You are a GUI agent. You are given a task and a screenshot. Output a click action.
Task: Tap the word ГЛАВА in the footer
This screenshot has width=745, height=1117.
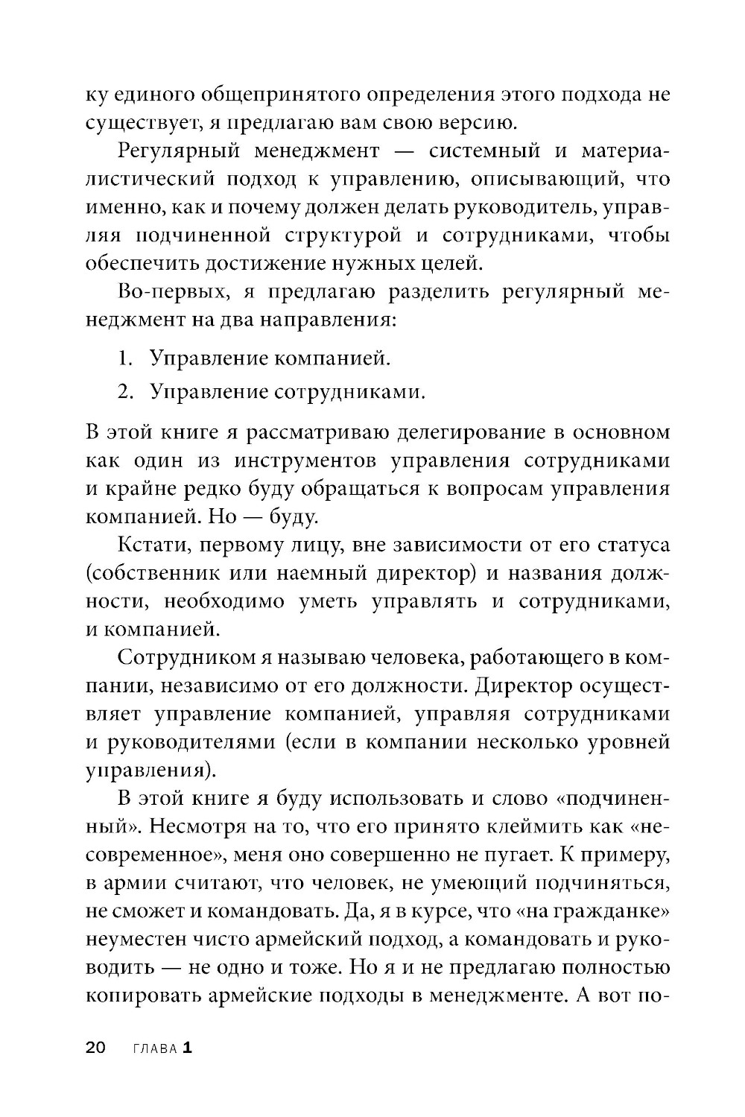tap(154, 1048)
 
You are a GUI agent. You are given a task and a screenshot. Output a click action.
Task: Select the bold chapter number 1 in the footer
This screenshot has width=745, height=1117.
tap(187, 1048)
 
